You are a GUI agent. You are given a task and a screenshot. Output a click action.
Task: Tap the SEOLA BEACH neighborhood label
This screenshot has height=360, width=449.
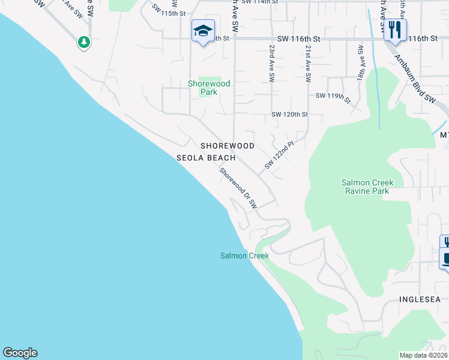point(205,158)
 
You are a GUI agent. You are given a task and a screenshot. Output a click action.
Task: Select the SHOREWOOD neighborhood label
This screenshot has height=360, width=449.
point(228,146)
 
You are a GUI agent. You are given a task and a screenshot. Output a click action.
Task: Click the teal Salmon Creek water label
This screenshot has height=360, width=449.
point(244,256)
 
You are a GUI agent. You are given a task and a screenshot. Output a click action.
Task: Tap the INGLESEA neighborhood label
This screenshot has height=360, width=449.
point(420,299)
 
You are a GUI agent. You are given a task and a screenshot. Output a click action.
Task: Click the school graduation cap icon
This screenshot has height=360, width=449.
point(203,31)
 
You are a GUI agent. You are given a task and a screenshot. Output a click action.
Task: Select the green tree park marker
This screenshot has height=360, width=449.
point(84,42)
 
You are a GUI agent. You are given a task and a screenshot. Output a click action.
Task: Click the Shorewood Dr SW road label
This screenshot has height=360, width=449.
point(238,188)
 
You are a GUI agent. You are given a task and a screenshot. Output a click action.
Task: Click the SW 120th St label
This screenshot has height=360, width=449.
point(289,114)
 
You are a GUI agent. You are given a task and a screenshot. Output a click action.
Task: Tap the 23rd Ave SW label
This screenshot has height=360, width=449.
point(272,62)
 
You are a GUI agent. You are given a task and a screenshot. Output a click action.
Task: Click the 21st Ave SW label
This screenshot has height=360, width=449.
point(308,62)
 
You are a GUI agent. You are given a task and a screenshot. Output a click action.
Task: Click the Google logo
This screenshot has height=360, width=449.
point(20,353)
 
